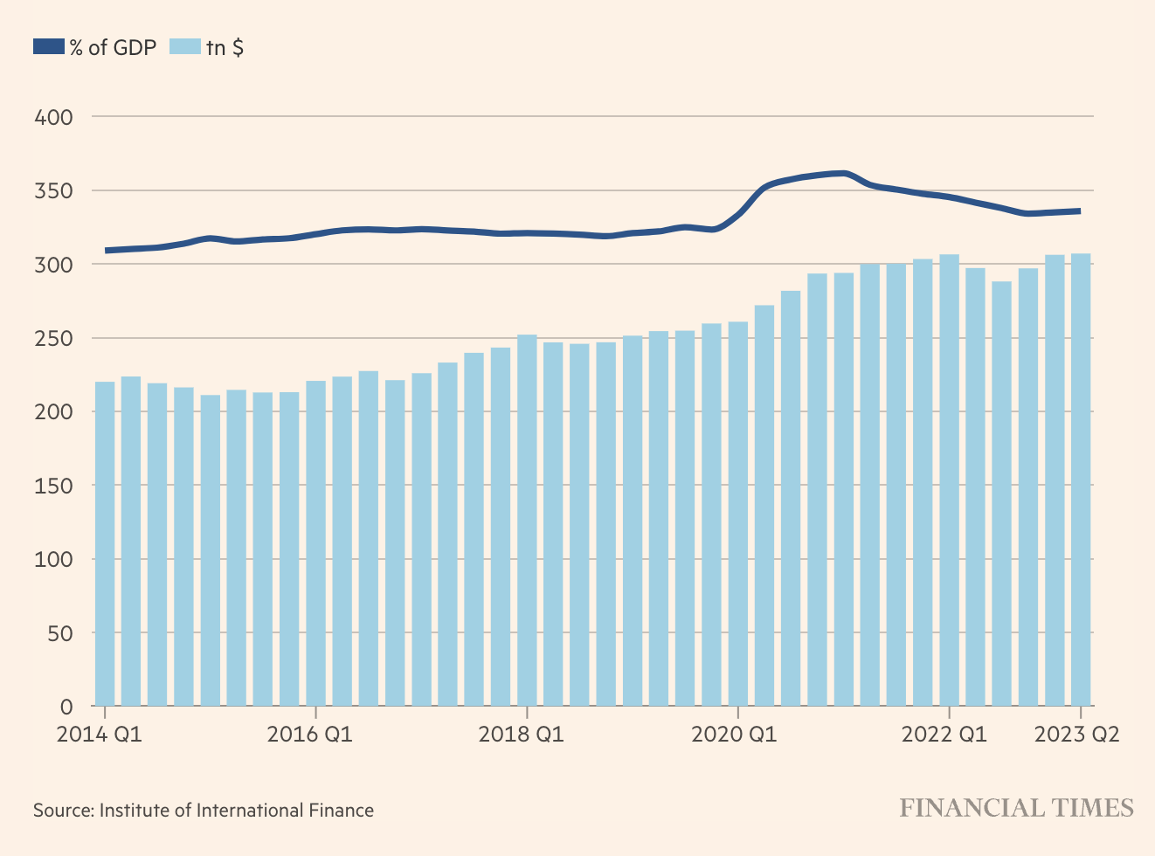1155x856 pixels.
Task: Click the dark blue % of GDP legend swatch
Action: click(49, 47)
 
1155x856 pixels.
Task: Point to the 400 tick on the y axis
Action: click(53, 117)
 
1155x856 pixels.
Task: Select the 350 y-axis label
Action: click(53, 190)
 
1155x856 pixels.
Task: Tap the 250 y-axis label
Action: click(53, 338)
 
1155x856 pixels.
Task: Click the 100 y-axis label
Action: click(53, 559)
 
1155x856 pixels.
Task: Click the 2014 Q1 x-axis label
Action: click(99, 735)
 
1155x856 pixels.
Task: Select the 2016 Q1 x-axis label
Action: click(310, 735)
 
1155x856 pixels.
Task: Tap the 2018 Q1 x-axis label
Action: click(522, 735)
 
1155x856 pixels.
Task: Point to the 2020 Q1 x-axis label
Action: click(734, 735)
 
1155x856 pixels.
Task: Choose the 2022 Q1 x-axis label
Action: click(944, 735)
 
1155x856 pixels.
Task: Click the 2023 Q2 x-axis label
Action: click(1076, 735)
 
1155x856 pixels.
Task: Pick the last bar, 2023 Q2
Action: click(1081, 480)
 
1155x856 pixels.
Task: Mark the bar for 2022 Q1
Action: click(950, 480)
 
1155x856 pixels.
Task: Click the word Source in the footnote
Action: click(62, 811)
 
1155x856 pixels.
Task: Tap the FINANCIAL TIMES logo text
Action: click(1017, 808)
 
